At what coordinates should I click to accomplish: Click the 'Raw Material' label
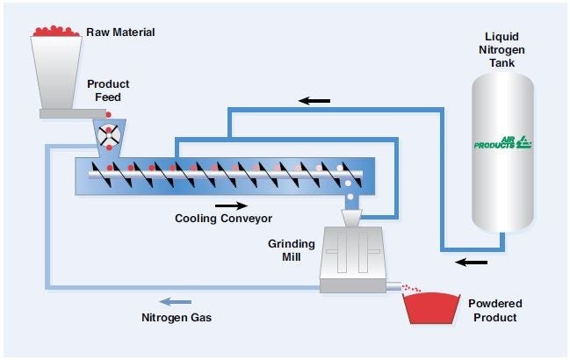pos(120,32)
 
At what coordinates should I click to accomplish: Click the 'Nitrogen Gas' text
pos(177,317)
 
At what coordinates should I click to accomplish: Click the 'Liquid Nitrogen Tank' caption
pos(504,52)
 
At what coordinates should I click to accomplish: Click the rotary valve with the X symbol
pos(110,135)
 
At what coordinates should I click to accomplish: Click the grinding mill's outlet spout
pos(394,285)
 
